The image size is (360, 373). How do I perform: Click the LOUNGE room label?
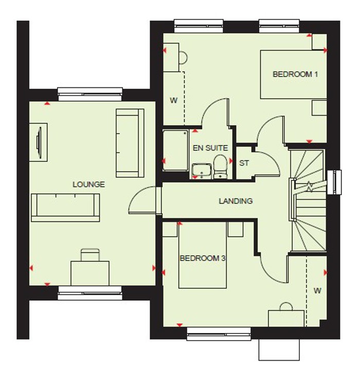(88, 184)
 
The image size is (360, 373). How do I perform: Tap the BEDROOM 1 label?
(295, 74)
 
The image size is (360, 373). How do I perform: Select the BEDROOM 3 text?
(203, 258)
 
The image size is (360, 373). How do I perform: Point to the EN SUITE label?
(210, 148)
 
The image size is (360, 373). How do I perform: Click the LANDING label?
(236, 201)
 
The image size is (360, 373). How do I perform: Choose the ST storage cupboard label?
(244, 163)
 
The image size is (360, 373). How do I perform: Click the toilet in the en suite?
(220, 166)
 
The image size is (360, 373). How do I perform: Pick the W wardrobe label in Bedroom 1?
(173, 100)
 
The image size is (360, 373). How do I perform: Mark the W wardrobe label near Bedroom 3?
(317, 291)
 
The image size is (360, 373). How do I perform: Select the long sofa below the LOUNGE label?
(65, 207)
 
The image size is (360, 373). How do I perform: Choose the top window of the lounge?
(91, 92)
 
